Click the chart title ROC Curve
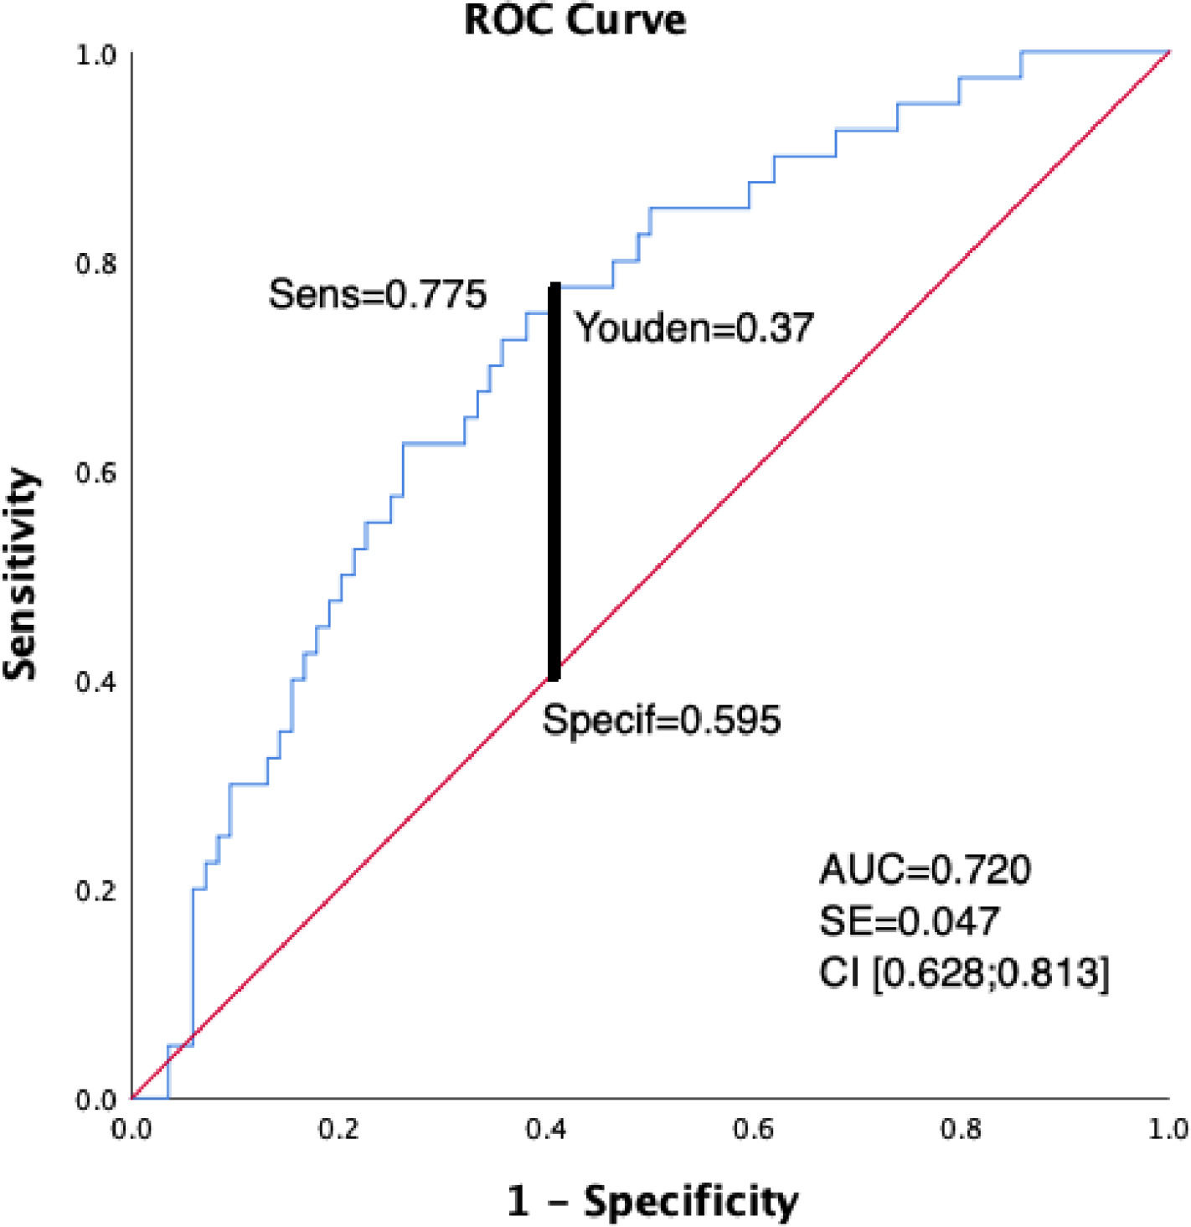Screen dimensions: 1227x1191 pos(575,20)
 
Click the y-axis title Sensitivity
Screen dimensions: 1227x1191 pos(22,575)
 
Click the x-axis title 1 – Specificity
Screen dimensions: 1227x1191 pos(652,1201)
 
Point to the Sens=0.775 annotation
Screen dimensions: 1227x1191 pos(377,294)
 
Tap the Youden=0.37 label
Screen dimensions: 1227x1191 pos(693,327)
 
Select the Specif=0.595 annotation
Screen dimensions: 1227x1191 pos(661,719)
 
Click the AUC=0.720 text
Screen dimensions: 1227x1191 pos(925,869)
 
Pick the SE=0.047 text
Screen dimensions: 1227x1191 pos(909,921)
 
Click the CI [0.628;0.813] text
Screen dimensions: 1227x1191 pos(964,973)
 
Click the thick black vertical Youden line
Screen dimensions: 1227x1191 pos(554,482)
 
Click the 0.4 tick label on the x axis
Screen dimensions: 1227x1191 pos(546,1129)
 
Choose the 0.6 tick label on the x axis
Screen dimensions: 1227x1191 pos(754,1129)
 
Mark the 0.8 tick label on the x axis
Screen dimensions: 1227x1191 pos(961,1129)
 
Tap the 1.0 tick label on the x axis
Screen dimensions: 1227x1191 pos(1168,1129)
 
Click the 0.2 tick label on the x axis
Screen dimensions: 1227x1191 pos(338,1129)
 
